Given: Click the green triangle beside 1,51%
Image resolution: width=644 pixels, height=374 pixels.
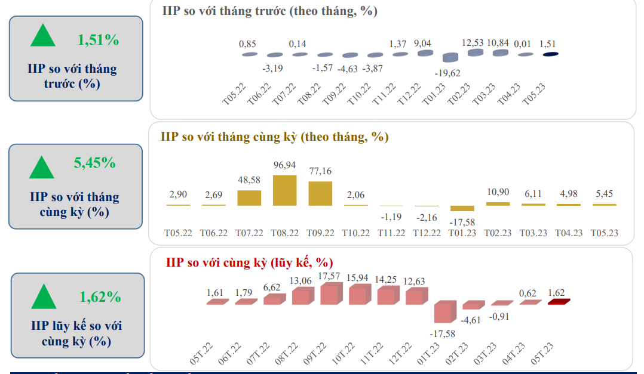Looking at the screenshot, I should click(x=43, y=36).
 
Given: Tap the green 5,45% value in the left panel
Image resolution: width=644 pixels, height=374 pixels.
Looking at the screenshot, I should click(x=94, y=162).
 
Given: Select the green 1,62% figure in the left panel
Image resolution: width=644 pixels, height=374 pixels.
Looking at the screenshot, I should click(x=100, y=296).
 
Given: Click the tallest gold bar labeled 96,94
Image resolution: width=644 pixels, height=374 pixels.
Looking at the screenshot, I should click(x=285, y=190).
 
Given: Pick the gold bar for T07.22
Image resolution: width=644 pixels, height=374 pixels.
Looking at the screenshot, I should click(x=249, y=198).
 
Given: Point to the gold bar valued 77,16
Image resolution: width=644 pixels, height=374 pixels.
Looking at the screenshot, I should click(x=320, y=193).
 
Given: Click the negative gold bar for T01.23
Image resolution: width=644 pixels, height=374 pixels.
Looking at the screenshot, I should click(x=462, y=208).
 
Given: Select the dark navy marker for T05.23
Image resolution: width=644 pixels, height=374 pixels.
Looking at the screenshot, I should click(x=550, y=54).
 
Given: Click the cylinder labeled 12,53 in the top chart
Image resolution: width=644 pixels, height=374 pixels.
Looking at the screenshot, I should click(x=476, y=53).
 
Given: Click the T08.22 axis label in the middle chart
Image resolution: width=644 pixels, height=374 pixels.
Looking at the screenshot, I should click(x=284, y=233).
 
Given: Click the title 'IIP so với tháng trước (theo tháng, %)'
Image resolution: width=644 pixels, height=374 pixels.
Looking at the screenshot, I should click(x=269, y=11).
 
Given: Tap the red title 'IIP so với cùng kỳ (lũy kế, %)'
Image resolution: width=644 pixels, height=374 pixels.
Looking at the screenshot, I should click(x=249, y=262).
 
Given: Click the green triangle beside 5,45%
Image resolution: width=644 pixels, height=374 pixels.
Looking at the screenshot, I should click(x=42, y=168).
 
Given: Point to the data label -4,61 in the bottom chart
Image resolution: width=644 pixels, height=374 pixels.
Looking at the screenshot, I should click(x=472, y=320).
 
